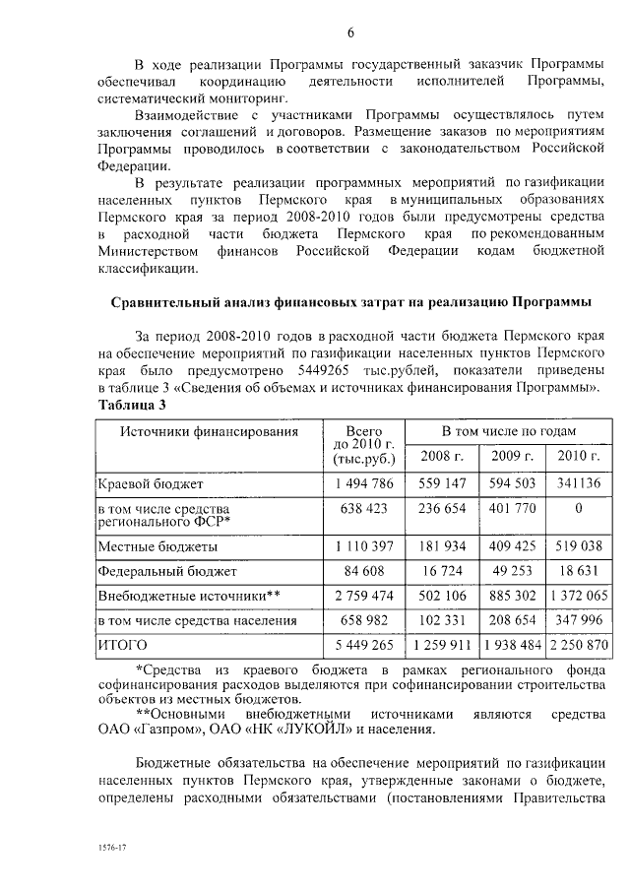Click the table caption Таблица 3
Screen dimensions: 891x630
tap(132, 406)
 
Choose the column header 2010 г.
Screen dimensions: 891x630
tap(578, 456)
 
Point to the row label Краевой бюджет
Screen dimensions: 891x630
tap(150, 484)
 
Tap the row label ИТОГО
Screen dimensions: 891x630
tap(121, 645)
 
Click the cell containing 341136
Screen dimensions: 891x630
tap(578, 484)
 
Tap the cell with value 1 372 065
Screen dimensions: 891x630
tap(578, 596)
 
